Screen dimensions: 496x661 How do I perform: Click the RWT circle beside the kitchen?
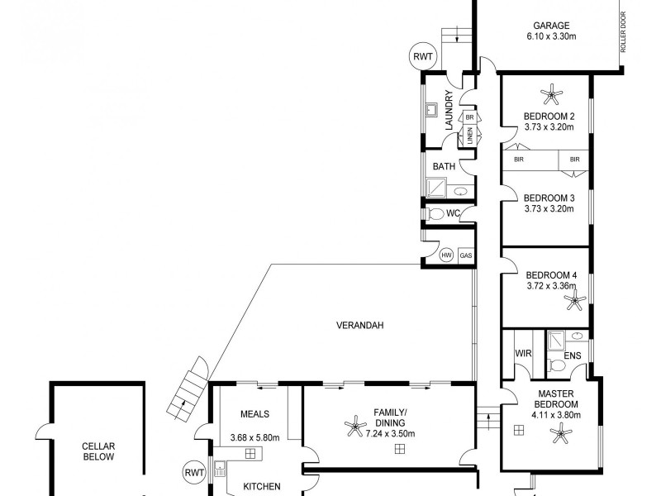coord(195,474)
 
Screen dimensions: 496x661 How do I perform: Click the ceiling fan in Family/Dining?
coord(355,427)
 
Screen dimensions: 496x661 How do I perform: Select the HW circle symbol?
coord(447,255)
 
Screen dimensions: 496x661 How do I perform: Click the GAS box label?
coord(466,255)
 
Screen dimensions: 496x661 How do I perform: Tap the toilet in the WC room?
coord(436,214)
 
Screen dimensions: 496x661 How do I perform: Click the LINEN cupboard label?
coord(469,134)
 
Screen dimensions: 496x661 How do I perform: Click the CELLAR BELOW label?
coord(97,451)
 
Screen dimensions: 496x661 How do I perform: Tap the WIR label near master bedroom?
coord(522,353)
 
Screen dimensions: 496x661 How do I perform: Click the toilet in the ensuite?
coord(558,364)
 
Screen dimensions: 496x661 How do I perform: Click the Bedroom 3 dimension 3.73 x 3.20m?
coord(549,210)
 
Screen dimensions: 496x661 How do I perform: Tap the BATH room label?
coord(445,166)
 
